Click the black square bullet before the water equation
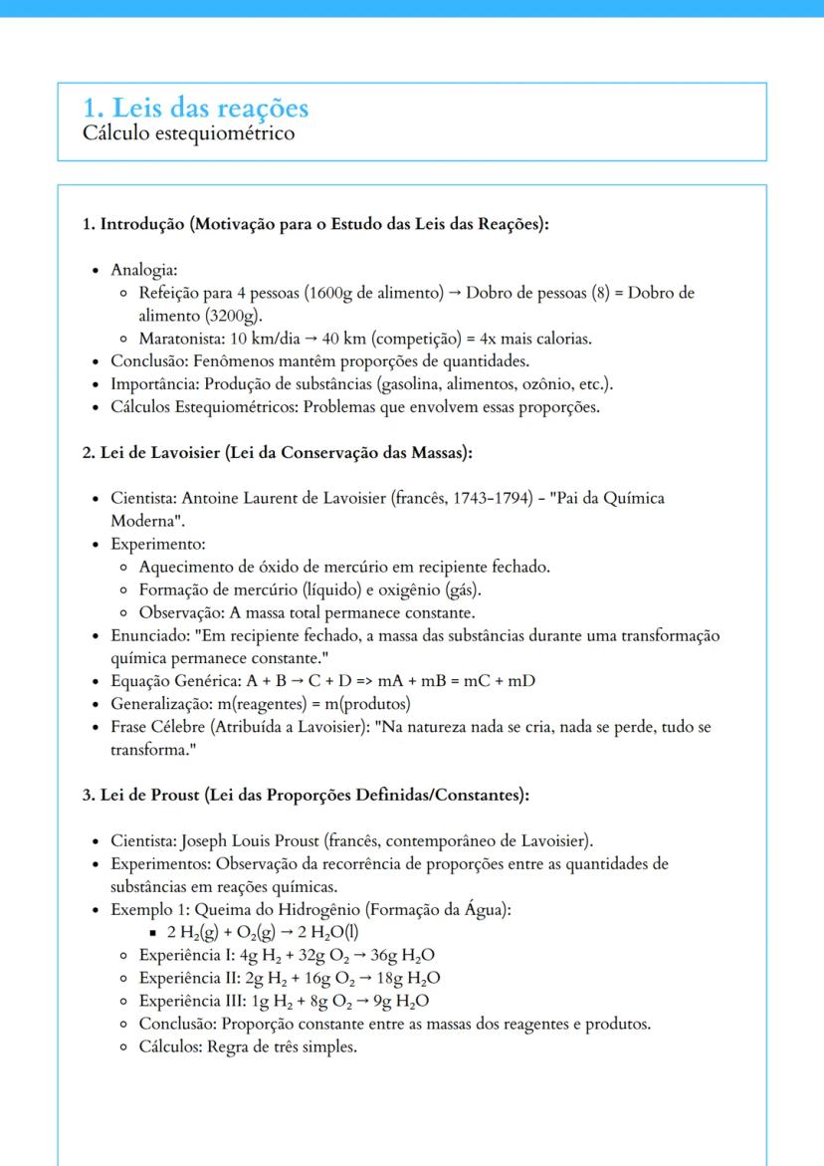[x=155, y=932]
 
